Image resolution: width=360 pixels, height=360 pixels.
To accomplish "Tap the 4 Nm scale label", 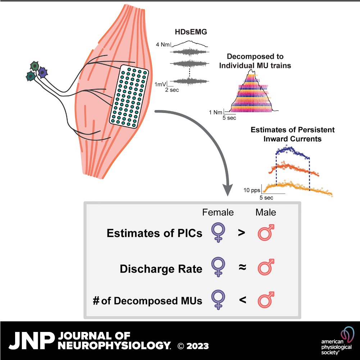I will coord(163,45).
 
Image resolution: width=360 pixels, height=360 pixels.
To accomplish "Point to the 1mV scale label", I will coord(160,84).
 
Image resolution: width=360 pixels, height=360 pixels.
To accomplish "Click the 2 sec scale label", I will coord(172,90).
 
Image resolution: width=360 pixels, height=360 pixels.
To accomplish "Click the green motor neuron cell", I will coord(35,65).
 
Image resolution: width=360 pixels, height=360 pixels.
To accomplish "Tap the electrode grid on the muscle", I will coord(129,96).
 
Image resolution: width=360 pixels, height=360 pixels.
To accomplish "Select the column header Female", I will coord(218,212).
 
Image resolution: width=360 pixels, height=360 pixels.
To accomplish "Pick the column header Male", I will coord(265,212).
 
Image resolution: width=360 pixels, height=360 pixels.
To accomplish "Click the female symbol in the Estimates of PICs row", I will coord(218,234).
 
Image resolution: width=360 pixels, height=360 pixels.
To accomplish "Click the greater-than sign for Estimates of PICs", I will coord(242,233).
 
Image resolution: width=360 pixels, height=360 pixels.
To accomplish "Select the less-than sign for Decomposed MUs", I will coord(242,299).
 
